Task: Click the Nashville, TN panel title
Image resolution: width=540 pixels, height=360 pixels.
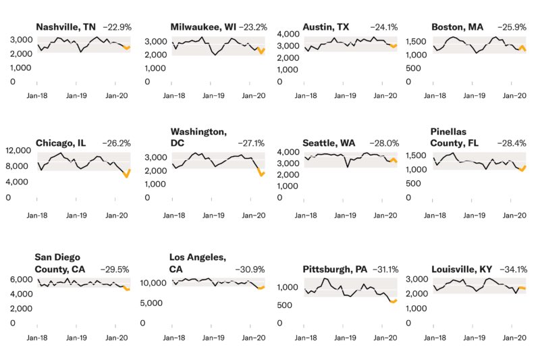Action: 65,27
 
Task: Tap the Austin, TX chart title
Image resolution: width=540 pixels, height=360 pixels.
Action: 325,27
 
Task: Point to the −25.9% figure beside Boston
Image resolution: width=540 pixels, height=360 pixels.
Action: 516,27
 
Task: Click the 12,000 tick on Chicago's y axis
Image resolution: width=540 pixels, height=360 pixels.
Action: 18,150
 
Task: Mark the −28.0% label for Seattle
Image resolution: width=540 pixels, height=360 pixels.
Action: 384,144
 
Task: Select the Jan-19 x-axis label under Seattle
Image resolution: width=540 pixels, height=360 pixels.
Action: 344,215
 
